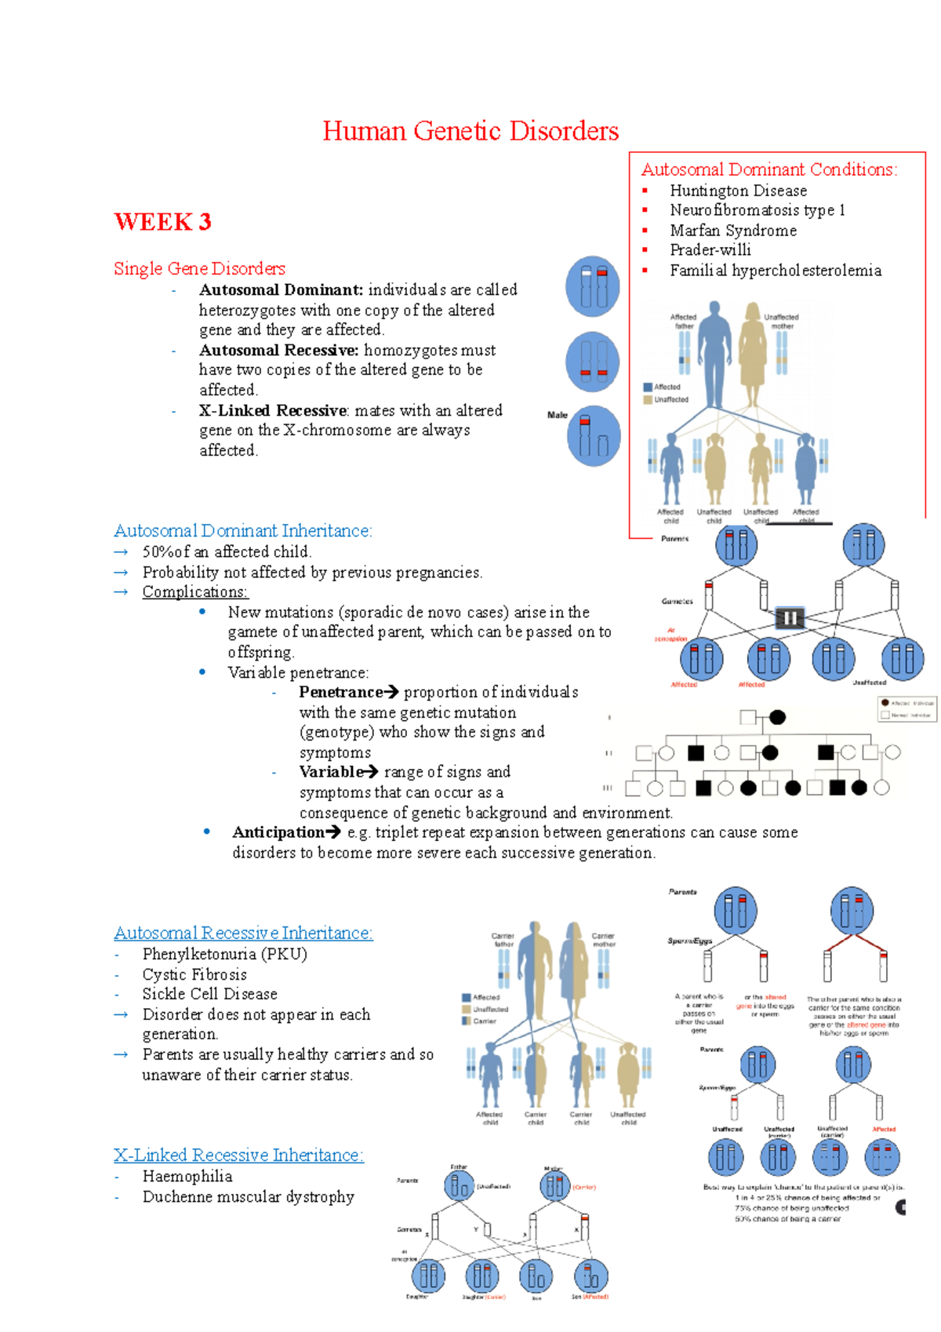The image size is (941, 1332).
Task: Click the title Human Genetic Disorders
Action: [x=470, y=131]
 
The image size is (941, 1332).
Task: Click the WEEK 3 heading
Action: [x=162, y=222]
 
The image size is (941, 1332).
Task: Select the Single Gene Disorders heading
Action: [x=199, y=268]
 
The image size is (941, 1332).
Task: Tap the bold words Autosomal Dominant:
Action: [x=281, y=289]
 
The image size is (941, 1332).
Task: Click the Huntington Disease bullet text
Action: [x=738, y=191]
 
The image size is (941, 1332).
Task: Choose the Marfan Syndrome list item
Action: [x=732, y=231]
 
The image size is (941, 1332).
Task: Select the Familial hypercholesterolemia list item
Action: [x=775, y=271]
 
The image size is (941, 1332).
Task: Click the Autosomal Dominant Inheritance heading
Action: [x=242, y=531]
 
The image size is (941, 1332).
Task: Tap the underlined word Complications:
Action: [x=194, y=592]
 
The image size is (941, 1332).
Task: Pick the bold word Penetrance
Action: [x=340, y=692]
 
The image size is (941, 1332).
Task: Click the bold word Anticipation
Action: [x=278, y=832]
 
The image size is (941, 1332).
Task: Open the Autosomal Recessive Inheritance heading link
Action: [x=243, y=933]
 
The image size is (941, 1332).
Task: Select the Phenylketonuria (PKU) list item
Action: [x=224, y=954]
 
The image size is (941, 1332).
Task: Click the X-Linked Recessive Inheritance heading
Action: [x=238, y=1155]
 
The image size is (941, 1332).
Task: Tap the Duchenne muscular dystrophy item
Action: [x=248, y=1196]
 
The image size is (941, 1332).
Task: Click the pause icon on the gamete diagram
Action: [x=790, y=618]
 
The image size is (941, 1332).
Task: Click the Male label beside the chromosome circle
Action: [x=557, y=415]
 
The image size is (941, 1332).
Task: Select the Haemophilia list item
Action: [x=187, y=1176]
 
